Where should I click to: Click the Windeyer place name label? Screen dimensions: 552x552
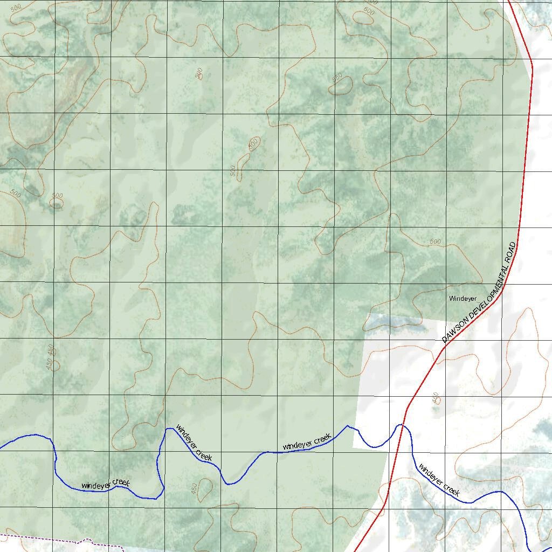click(x=463, y=298)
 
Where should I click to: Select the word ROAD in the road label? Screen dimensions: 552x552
click(x=510, y=255)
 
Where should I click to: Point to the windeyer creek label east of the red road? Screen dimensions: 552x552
click(x=439, y=480)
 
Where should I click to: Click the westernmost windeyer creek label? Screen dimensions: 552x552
click(x=105, y=484)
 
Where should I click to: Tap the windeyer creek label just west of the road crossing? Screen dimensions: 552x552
click(x=306, y=443)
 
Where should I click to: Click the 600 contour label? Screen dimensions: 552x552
click(x=369, y=11)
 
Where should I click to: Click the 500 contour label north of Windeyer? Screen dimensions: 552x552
click(x=435, y=241)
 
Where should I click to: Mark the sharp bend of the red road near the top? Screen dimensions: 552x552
click(x=532, y=67)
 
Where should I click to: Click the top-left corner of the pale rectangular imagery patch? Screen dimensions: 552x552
click(x=368, y=314)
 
